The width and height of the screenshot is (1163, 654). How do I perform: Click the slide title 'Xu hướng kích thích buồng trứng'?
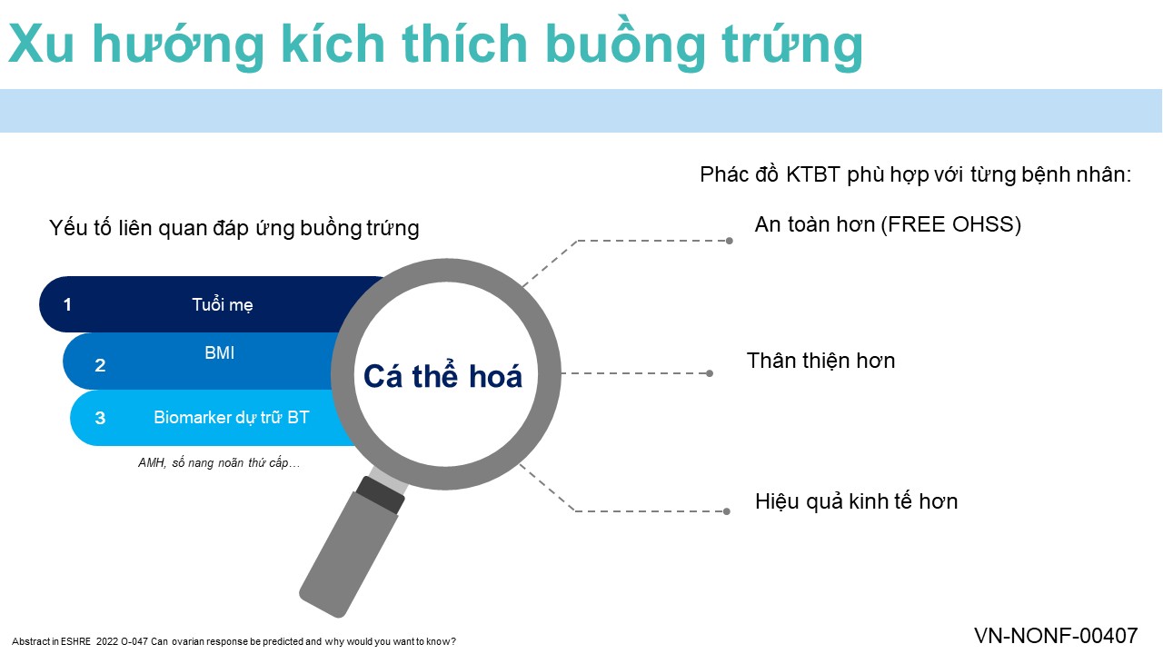(435, 45)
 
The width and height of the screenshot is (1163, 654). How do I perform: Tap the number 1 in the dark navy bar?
(67, 304)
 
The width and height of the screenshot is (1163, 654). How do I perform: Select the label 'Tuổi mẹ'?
(223, 304)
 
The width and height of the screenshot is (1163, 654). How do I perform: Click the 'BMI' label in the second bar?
(219, 353)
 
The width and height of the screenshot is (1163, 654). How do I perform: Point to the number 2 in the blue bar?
(100, 365)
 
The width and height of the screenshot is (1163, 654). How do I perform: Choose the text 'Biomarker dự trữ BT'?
(231, 417)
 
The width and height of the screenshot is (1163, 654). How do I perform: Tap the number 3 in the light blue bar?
(100, 418)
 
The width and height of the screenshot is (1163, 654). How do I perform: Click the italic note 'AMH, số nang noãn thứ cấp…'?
(219, 462)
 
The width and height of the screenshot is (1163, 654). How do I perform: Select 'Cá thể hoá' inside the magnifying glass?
(442, 375)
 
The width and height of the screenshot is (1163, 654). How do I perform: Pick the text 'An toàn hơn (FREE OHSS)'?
(888, 224)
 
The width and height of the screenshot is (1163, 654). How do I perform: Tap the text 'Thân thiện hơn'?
(820, 361)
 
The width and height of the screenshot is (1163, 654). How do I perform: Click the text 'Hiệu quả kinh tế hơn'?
(856, 501)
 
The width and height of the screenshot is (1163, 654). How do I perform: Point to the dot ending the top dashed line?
(730, 241)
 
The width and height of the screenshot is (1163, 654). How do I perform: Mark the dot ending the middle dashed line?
(710, 373)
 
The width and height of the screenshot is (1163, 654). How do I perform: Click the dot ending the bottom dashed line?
(727, 511)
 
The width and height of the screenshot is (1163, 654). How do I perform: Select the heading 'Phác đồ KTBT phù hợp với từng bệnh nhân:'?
(915, 175)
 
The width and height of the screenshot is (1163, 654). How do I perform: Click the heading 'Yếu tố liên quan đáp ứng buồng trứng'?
(234, 228)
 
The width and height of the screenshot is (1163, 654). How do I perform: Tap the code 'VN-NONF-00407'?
(1056, 636)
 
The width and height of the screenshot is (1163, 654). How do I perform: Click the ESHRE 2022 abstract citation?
(234, 641)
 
